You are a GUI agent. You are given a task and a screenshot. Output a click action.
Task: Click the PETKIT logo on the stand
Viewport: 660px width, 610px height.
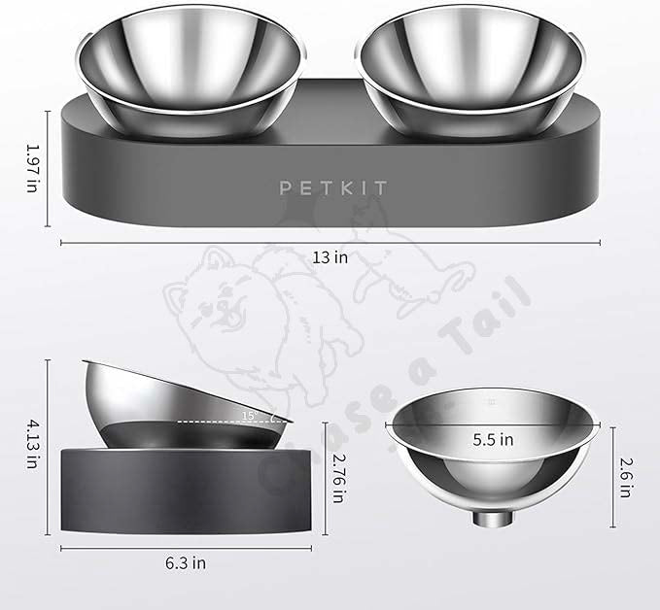(330, 187)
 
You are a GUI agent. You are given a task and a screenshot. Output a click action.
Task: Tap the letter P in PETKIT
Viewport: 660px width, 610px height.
(287, 187)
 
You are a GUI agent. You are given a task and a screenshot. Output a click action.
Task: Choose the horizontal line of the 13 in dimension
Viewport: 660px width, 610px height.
(194, 243)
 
